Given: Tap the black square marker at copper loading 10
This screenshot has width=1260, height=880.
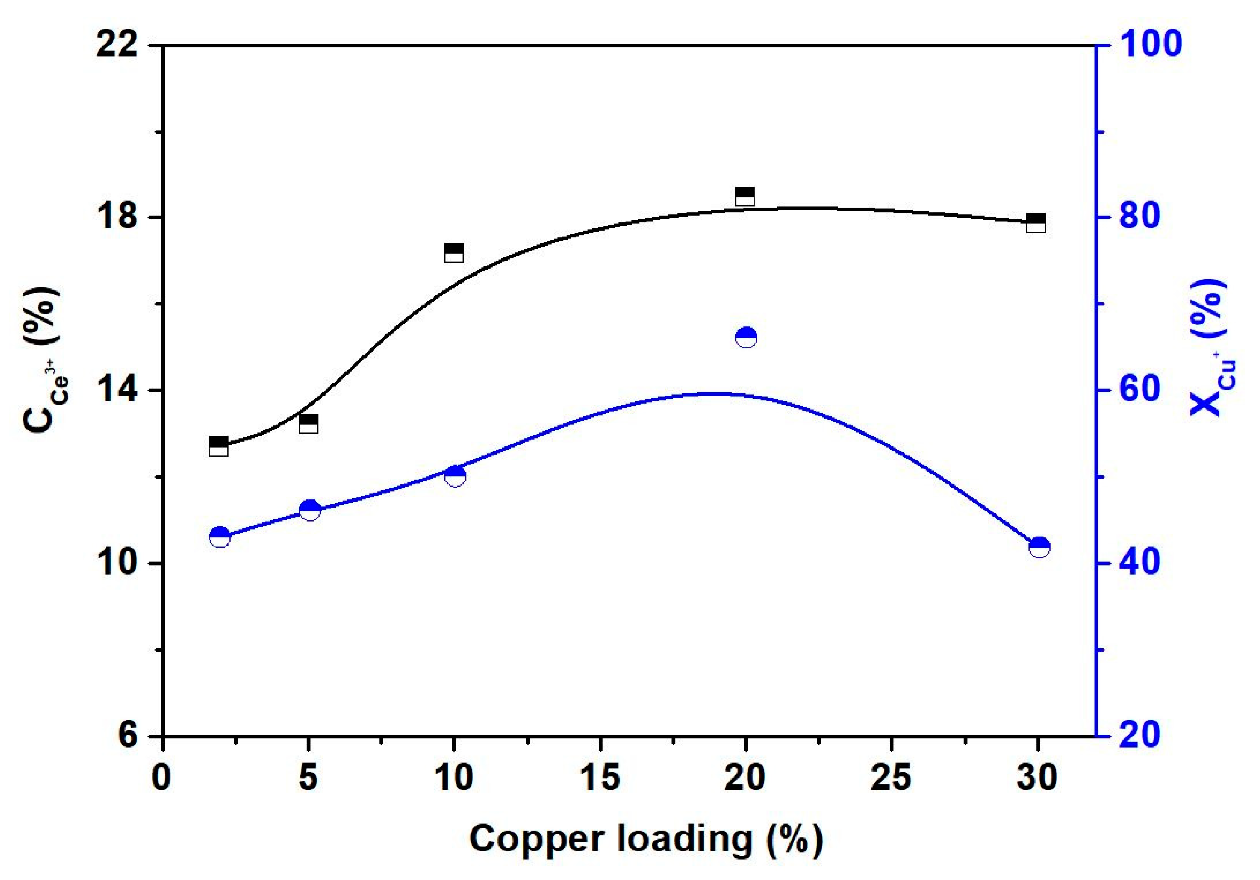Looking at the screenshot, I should pyautogui.click(x=454, y=253).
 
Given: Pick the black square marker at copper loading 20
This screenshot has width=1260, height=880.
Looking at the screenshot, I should pyautogui.click(x=744, y=196).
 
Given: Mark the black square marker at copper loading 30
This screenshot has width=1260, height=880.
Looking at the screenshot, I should pyautogui.click(x=1036, y=223).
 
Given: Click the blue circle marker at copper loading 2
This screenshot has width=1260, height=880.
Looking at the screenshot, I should pyautogui.click(x=219, y=537).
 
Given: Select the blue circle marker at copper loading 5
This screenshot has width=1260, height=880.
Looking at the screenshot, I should pyautogui.click(x=310, y=510).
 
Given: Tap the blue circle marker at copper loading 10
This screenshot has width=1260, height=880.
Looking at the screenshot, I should pyautogui.click(x=455, y=476).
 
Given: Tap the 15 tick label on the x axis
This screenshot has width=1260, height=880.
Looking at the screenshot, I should pyautogui.click(x=600, y=778).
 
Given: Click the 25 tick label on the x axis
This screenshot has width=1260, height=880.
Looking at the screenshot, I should pyautogui.click(x=891, y=778).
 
